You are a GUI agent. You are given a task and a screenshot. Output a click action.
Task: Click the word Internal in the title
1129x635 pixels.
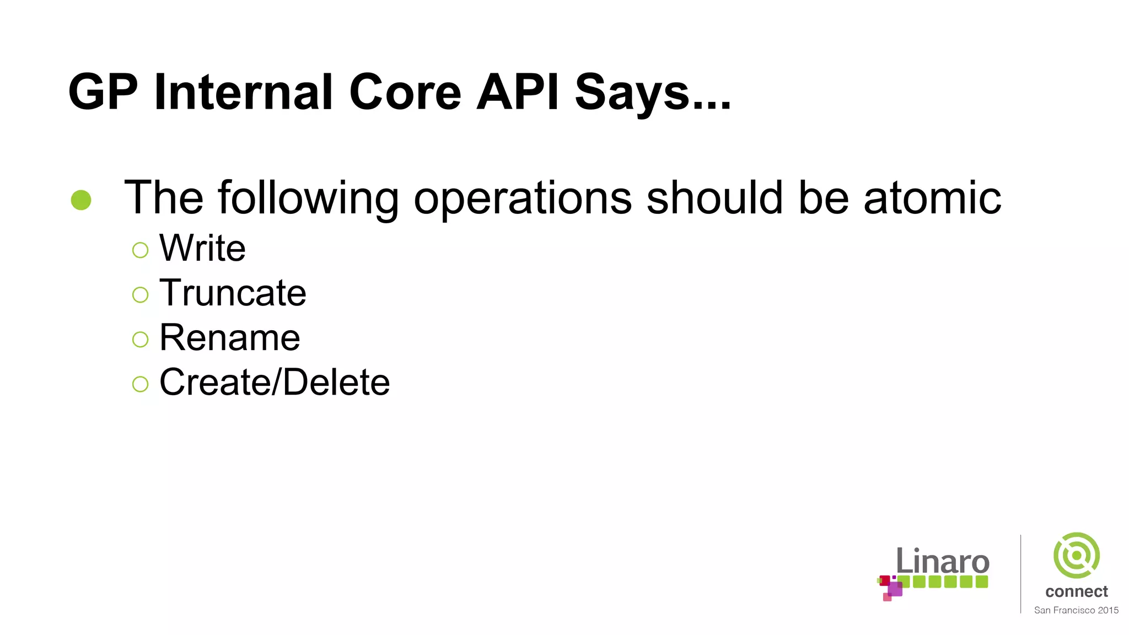point(244,92)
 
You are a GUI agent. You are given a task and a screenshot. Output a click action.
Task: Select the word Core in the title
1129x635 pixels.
point(405,92)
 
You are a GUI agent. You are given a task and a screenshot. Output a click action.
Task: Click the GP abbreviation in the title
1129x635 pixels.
point(103,92)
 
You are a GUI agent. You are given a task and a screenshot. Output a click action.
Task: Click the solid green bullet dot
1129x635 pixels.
point(81,200)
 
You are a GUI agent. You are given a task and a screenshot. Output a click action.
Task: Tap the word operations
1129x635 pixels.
point(523,198)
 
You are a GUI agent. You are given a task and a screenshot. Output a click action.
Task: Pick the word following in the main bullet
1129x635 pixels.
point(308,198)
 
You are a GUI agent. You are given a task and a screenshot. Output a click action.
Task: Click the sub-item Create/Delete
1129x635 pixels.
point(275,382)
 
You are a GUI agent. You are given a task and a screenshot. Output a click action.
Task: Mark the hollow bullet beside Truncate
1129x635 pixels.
point(141,295)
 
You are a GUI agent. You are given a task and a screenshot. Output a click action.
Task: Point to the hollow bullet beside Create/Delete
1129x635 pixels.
point(141,384)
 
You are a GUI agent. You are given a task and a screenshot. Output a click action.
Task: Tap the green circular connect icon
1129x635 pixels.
point(1076,555)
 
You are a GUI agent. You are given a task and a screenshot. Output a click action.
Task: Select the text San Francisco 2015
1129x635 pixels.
point(1076,610)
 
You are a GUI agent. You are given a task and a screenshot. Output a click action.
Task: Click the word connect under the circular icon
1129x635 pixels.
point(1076,591)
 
